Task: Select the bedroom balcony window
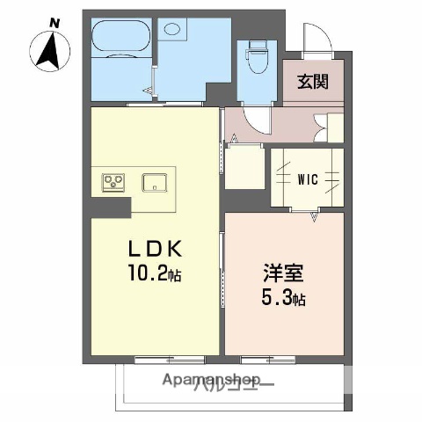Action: (267, 357)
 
